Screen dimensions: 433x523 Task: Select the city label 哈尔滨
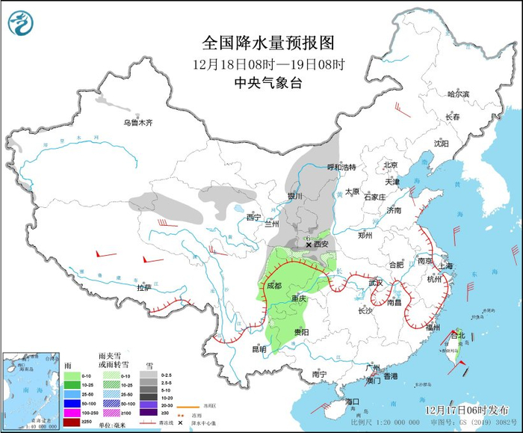click(x=457, y=94)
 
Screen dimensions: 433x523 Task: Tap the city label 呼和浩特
click(x=343, y=168)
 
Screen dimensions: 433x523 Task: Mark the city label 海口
click(x=353, y=402)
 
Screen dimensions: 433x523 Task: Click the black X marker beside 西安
click(x=309, y=244)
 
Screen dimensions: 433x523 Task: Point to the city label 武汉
click(x=375, y=282)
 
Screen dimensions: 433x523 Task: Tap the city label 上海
click(x=446, y=266)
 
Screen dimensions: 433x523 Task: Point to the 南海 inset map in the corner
click(x=28, y=390)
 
